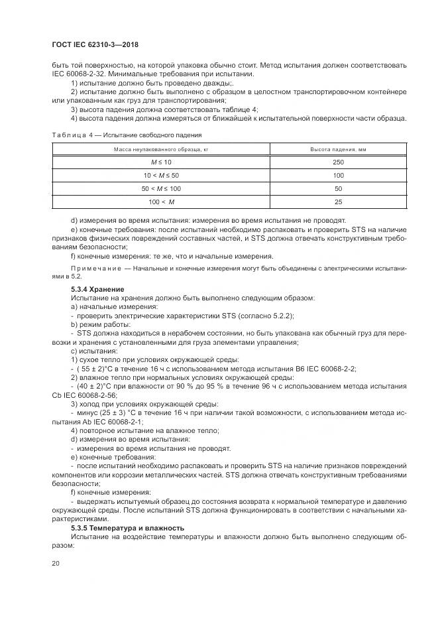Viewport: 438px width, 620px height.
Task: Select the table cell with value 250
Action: point(338,162)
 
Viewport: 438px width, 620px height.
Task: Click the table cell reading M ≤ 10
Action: point(161,162)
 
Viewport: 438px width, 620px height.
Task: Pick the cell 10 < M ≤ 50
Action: point(161,175)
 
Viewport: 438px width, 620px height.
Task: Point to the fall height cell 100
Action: point(338,175)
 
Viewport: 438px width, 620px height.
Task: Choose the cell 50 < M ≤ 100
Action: point(161,188)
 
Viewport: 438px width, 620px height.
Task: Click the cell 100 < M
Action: point(161,202)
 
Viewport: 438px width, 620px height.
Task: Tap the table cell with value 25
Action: point(338,202)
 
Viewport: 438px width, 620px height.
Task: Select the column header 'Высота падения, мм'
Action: point(338,150)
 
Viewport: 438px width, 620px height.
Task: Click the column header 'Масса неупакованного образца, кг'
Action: point(161,150)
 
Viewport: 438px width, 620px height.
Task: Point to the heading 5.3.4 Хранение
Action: point(97,290)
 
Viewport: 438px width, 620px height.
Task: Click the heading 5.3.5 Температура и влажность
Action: point(128,528)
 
